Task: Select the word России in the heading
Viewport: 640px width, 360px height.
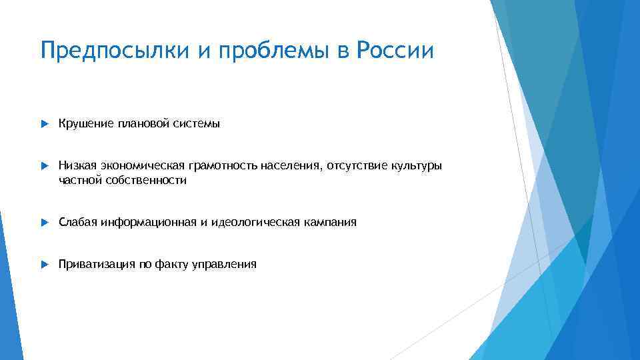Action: pos(395,51)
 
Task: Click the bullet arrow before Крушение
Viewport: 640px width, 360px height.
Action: pos(45,124)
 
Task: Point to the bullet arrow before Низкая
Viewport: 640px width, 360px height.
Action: pos(45,165)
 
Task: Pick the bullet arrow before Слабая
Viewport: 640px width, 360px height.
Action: pos(45,222)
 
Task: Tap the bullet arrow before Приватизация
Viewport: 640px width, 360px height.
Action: pos(45,264)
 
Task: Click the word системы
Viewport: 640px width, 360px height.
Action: pos(197,123)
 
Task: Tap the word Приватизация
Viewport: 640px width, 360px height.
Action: pos(97,264)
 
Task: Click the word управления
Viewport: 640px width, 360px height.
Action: pos(224,264)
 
